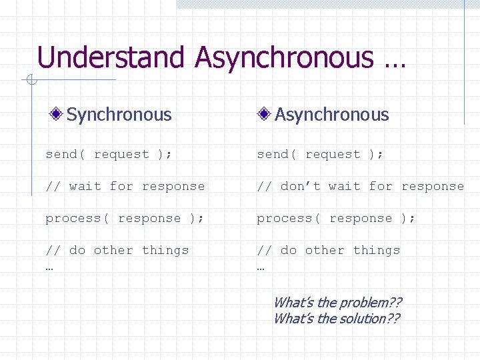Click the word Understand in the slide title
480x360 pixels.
click(x=110, y=57)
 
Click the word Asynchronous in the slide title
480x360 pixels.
click(x=284, y=57)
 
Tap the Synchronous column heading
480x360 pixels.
click(x=119, y=115)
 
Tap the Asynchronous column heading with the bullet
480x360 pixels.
click(x=331, y=115)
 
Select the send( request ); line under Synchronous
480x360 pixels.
click(x=109, y=154)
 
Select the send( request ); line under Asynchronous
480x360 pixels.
click(x=320, y=154)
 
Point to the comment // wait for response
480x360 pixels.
click(x=125, y=186)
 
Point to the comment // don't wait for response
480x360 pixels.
click(x=360, y=186)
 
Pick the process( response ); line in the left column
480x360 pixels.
click(x=125, y=218)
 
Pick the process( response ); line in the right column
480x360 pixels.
click(x=336, y=218)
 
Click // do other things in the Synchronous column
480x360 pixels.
click(x=117, y=250)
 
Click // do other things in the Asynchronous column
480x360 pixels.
click(x=329, y=250)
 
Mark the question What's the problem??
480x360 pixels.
click(x=337, y=303)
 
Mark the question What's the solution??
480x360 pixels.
click(x=337, y=319)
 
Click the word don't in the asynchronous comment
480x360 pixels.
click(x=303, y=186)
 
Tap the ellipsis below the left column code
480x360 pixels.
click(x=49, y=267)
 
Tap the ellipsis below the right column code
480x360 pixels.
click(x=261, y=267)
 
